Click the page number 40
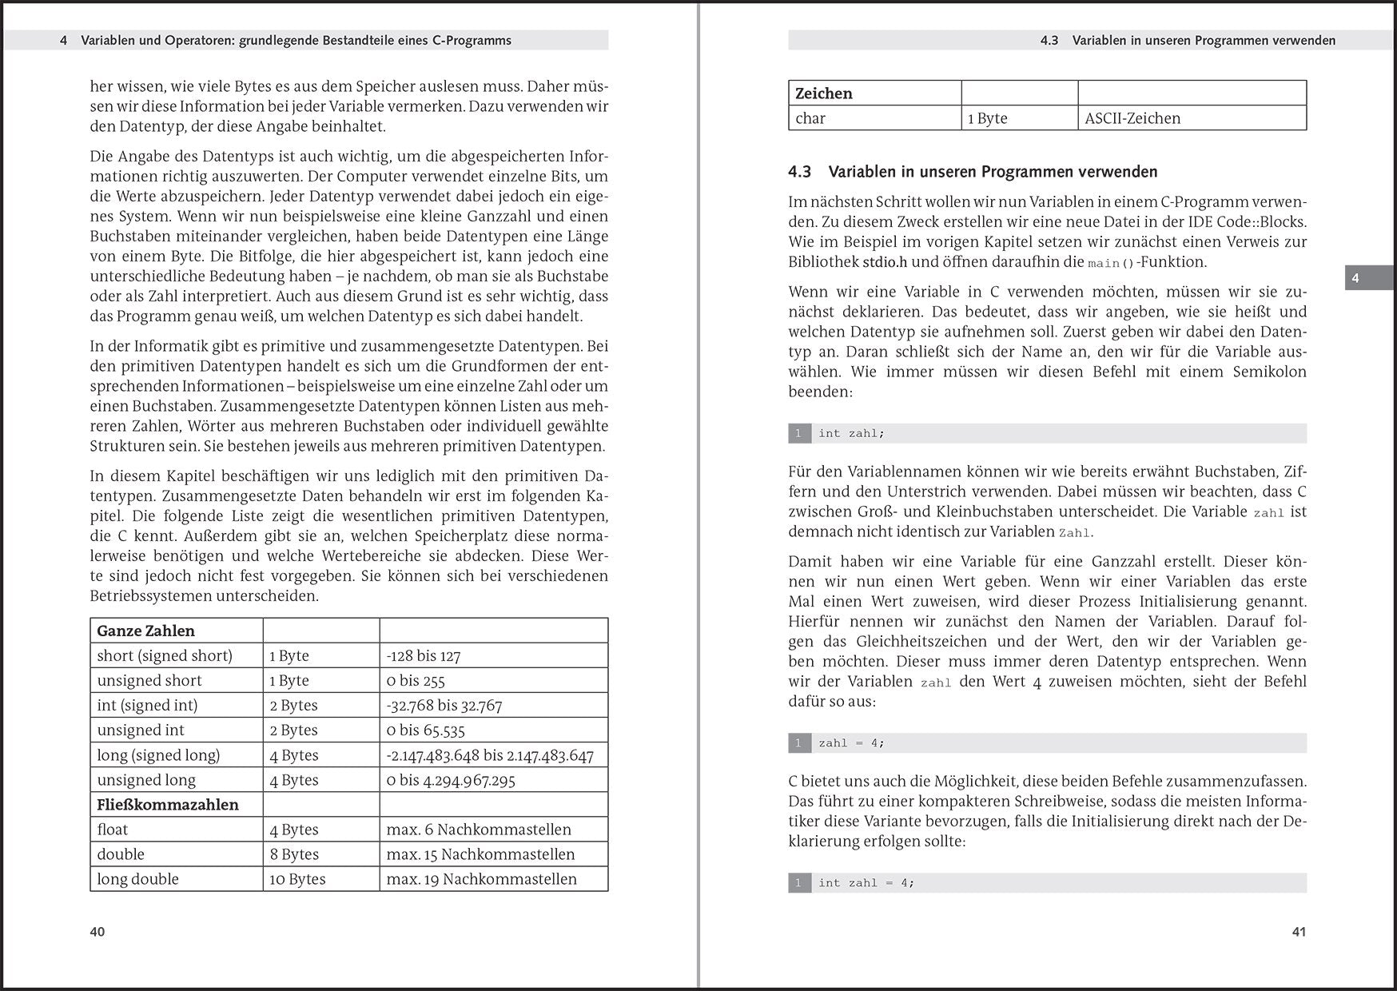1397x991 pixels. click(x=98, y=932)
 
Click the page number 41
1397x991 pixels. click(x=1299, y=932)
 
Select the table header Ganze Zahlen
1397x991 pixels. click(x=145, y=631)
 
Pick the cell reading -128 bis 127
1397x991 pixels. click(x=423, y=656)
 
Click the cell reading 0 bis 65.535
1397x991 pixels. click(x=425, y=730)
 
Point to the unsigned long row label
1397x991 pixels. click(x=146, y=780)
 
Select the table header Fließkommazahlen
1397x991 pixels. click(x=168, y=805)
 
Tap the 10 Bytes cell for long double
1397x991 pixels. click(x=297, y=879)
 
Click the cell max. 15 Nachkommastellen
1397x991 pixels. click(x=480, y=854)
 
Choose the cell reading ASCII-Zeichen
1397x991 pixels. click(x=1132, y=118)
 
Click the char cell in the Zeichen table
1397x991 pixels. click(x=810, y=118)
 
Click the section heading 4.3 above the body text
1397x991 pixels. click(x=973, y=172)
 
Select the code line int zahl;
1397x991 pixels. click(x=851, y=433)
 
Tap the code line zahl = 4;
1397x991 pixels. click(x=851, y=743)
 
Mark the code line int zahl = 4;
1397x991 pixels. click(x=866, y=883)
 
